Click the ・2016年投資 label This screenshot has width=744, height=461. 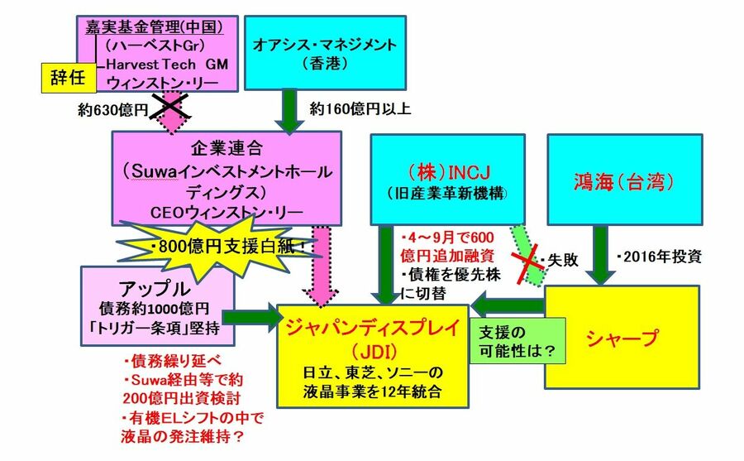click(659, 257)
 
